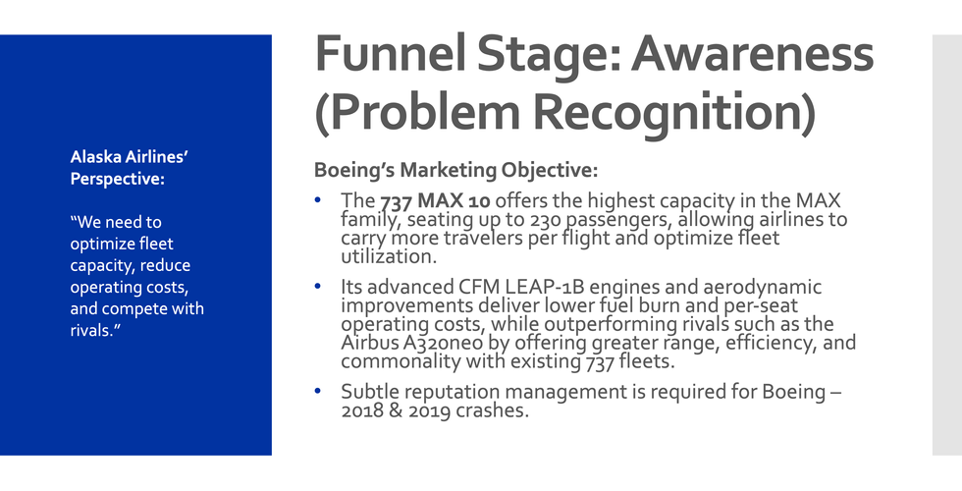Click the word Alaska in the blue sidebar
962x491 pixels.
pos(95,157)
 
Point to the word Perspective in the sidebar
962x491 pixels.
pos(115,179)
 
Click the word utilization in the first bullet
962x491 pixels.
pos(388,256)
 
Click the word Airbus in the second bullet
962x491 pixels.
pos(371,343)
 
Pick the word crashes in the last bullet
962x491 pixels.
pos(492,410)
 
